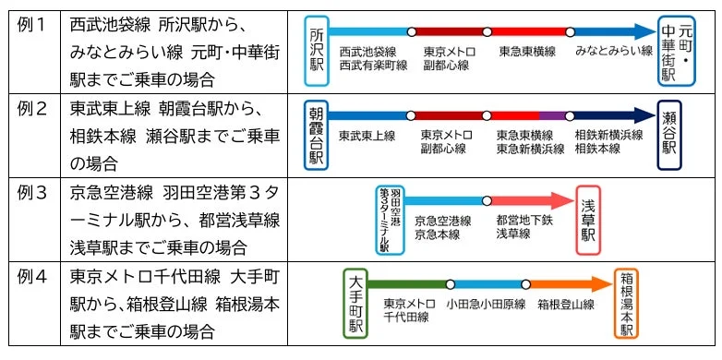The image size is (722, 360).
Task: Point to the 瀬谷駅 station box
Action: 669,136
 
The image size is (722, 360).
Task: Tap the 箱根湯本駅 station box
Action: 627,304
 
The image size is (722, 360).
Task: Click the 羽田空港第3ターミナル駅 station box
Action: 390,220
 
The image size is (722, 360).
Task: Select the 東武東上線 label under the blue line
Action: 367,137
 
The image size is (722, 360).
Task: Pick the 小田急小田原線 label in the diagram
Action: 486,304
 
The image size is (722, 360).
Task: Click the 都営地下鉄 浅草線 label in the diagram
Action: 523,227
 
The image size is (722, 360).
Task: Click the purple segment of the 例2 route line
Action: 552,115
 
